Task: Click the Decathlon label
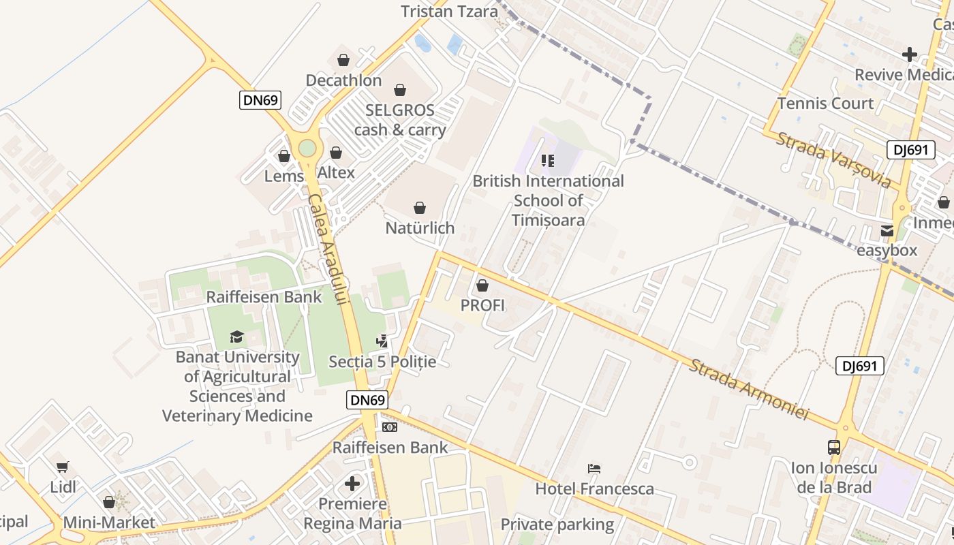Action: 343,80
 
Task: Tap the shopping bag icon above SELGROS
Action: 400,90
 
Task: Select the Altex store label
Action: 336,172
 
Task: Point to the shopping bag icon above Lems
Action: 284,156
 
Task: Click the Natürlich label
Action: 420,228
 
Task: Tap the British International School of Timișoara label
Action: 549,200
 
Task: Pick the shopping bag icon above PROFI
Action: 482,285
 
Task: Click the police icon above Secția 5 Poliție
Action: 382,341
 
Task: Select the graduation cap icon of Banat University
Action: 236,337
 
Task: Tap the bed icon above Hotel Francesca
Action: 594,469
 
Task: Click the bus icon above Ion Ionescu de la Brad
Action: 834,448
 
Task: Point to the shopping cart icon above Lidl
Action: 63,467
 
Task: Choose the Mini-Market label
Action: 109,523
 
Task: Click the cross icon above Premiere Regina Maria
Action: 352,484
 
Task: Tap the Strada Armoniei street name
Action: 748,389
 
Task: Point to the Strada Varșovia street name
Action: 833,160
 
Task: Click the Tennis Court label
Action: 825,104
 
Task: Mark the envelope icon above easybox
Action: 887,231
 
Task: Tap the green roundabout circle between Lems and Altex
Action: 307,148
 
